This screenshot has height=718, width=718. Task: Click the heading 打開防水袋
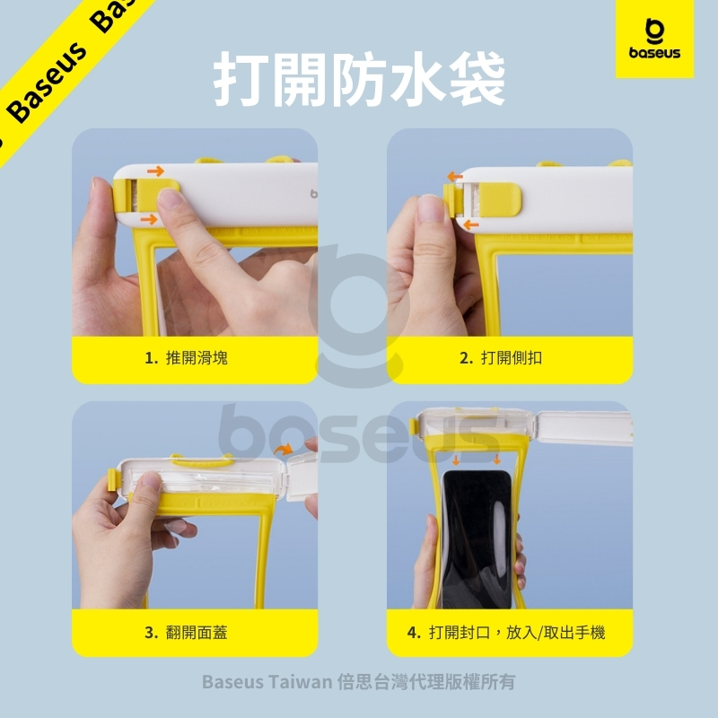[360, 78]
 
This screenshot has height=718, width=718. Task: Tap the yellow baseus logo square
[654, 39]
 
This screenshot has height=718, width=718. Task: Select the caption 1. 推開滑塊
[186, 357]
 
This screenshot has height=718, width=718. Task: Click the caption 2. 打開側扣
[501, 357]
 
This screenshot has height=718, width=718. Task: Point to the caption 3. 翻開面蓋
[186, 633]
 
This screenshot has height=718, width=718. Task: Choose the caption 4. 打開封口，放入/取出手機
[506, 633]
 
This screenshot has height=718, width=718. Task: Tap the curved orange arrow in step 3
[283, 449]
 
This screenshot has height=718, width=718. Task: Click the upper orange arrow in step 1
[155, 171]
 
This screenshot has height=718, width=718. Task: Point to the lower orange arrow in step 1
[149, 219]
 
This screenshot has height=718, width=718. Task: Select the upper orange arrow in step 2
[455, 176]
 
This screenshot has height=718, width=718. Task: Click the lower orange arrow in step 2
[470, 224]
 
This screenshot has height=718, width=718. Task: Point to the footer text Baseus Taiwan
[267, 682]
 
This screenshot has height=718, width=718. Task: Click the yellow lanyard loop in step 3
[202, 461]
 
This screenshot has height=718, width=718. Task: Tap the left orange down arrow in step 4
[456, 460]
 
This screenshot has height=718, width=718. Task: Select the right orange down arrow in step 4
[497, 460]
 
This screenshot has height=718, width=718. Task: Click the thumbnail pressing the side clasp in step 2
[431, 207]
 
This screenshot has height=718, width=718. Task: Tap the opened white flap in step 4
[584, 428]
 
